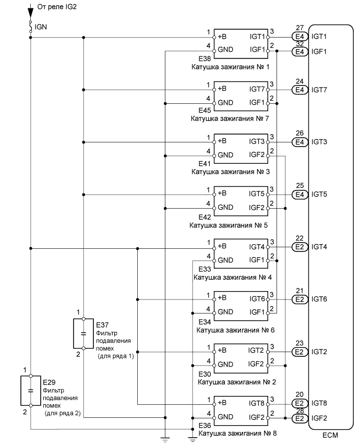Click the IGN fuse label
[x=41, y=27]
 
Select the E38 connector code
[x=205, y=59]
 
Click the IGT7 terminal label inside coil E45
[x=257, y=89]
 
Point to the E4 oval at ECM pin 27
[x=300, y=37]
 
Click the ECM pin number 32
[x=299, y=44]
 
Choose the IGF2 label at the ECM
[x=319, y=418]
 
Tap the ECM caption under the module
[x=330, y=435]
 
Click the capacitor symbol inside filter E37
[x=83, y=333]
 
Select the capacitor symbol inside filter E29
[x=31, y=391]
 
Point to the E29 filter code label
[x=49, y=382]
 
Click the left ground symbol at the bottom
[x=165, y=440]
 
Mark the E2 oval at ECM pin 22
[x=300, y=247]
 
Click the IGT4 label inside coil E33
[x=257, y=247]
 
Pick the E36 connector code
[x=205, y=426]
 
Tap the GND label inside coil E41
[x=225, y=155]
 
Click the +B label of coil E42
[x=222, y=193]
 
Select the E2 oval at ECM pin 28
[x=300, y=418]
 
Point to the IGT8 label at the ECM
[x=319, y=403]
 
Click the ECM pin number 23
[x=299, y=343]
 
